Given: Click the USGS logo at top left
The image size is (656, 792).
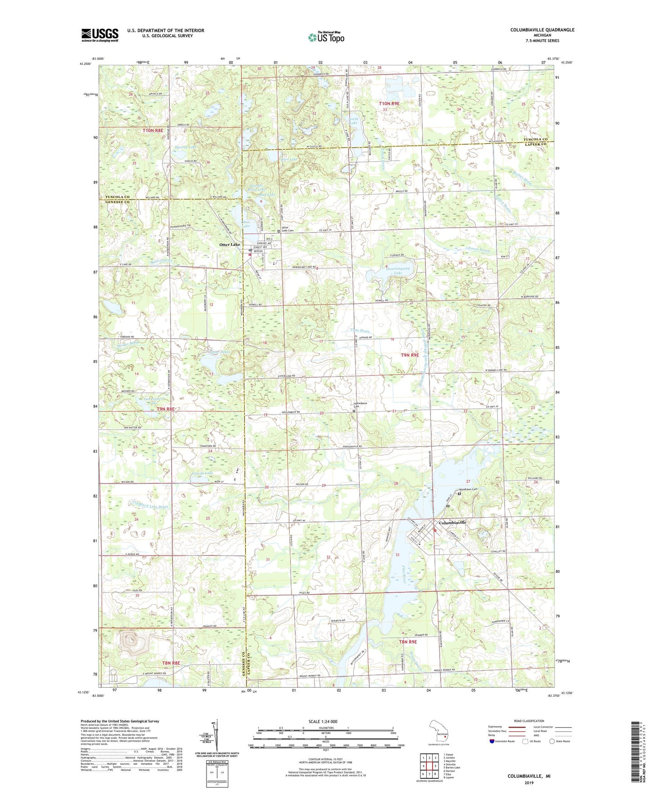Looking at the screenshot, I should pos(100,35).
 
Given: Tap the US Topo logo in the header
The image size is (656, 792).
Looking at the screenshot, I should pos(326,37).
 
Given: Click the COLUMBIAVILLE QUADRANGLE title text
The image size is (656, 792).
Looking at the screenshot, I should pos(542,30).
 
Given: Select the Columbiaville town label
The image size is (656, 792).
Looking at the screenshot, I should pos(453,523).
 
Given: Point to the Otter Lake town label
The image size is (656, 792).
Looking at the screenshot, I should pos(230,244).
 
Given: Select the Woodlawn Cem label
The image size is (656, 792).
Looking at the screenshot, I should pos(468,489).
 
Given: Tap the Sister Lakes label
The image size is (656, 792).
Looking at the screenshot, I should pos(220,352).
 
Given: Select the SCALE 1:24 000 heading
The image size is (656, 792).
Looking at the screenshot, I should pos(323,722).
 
